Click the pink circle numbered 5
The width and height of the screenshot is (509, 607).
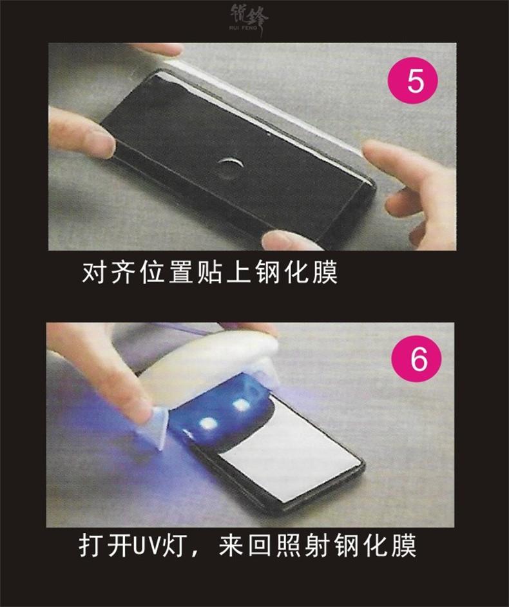click(412, 80)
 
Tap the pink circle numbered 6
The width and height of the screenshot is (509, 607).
click(416, 359)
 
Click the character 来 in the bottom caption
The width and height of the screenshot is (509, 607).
click(231, 546)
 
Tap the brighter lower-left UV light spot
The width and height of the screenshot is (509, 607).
click(207, 424)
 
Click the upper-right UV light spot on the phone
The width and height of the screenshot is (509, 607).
click(241, 405)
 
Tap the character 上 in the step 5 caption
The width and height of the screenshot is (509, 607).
click(239, 273)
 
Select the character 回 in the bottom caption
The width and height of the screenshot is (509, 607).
click(260, 546)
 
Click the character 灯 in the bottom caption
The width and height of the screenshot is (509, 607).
click(173, 546)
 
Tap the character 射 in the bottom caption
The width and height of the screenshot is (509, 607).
click(318, 546)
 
